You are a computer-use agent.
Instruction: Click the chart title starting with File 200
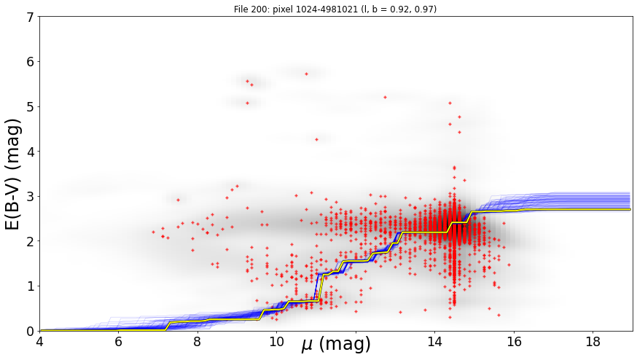click(x=335, y=9)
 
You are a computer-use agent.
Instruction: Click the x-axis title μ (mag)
click(x=336, y=345)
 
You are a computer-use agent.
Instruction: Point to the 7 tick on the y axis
click(x=31, y=17)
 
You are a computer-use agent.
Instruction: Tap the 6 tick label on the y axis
click(x=31, y=62)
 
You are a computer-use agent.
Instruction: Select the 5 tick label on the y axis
click(x=31, y=107)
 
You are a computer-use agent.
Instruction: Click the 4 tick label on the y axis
click(x=31, y=152)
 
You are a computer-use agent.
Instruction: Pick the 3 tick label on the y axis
click(x=31, y=197)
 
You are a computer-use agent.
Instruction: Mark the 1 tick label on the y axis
click(x=31, y=286)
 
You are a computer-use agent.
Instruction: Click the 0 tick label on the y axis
click(x=31, y=332)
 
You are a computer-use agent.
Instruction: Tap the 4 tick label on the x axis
click(x=40, y=342)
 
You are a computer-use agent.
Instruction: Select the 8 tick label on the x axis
click(x=198, y=342)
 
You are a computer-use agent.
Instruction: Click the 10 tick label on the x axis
click(x=277, y=342)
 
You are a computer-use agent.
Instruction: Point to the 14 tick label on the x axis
click(x=434, y=342)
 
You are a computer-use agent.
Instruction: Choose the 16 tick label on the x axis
click(x=514, y=342)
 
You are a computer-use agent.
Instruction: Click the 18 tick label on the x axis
click(x=593, y=342)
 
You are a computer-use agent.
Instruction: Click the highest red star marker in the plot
click(x=306, y=74)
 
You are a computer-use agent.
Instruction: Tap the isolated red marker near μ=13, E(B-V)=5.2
click(x=385, y=98)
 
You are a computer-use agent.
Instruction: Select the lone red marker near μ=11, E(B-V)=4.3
click(x=316, y=139)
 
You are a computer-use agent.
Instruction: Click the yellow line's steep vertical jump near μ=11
click(x=320, y=288)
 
